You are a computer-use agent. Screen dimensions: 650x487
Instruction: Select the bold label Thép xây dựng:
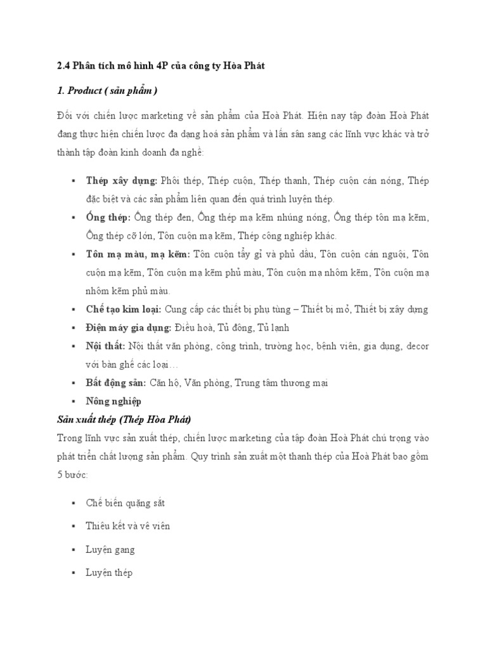[122, 181]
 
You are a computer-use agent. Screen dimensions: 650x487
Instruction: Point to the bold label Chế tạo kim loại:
[124, 310]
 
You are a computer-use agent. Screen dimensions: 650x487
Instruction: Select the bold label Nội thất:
[105, 347]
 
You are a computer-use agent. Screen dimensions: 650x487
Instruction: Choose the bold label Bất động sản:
[116, 383]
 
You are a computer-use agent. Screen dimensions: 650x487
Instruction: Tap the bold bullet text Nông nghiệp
[114, 401]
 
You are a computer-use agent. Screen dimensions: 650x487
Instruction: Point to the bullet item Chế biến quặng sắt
[126, 503]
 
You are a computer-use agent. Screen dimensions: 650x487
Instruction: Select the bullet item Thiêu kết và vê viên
[127, 526]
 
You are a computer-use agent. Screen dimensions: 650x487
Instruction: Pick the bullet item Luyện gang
[110, 550]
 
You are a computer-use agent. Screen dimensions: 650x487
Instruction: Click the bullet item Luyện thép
[109, 573]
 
